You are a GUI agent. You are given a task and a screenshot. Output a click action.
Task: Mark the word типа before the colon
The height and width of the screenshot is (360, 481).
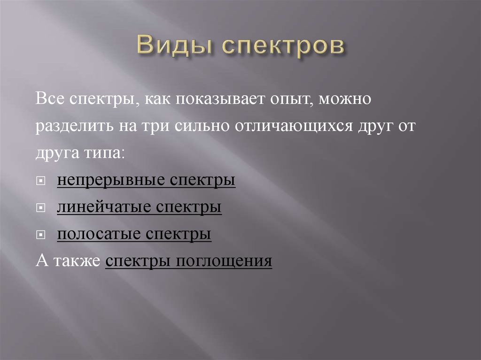(x=106, y=154)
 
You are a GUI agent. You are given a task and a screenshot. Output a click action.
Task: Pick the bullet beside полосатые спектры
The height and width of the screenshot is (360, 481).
(x=42, y=235)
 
